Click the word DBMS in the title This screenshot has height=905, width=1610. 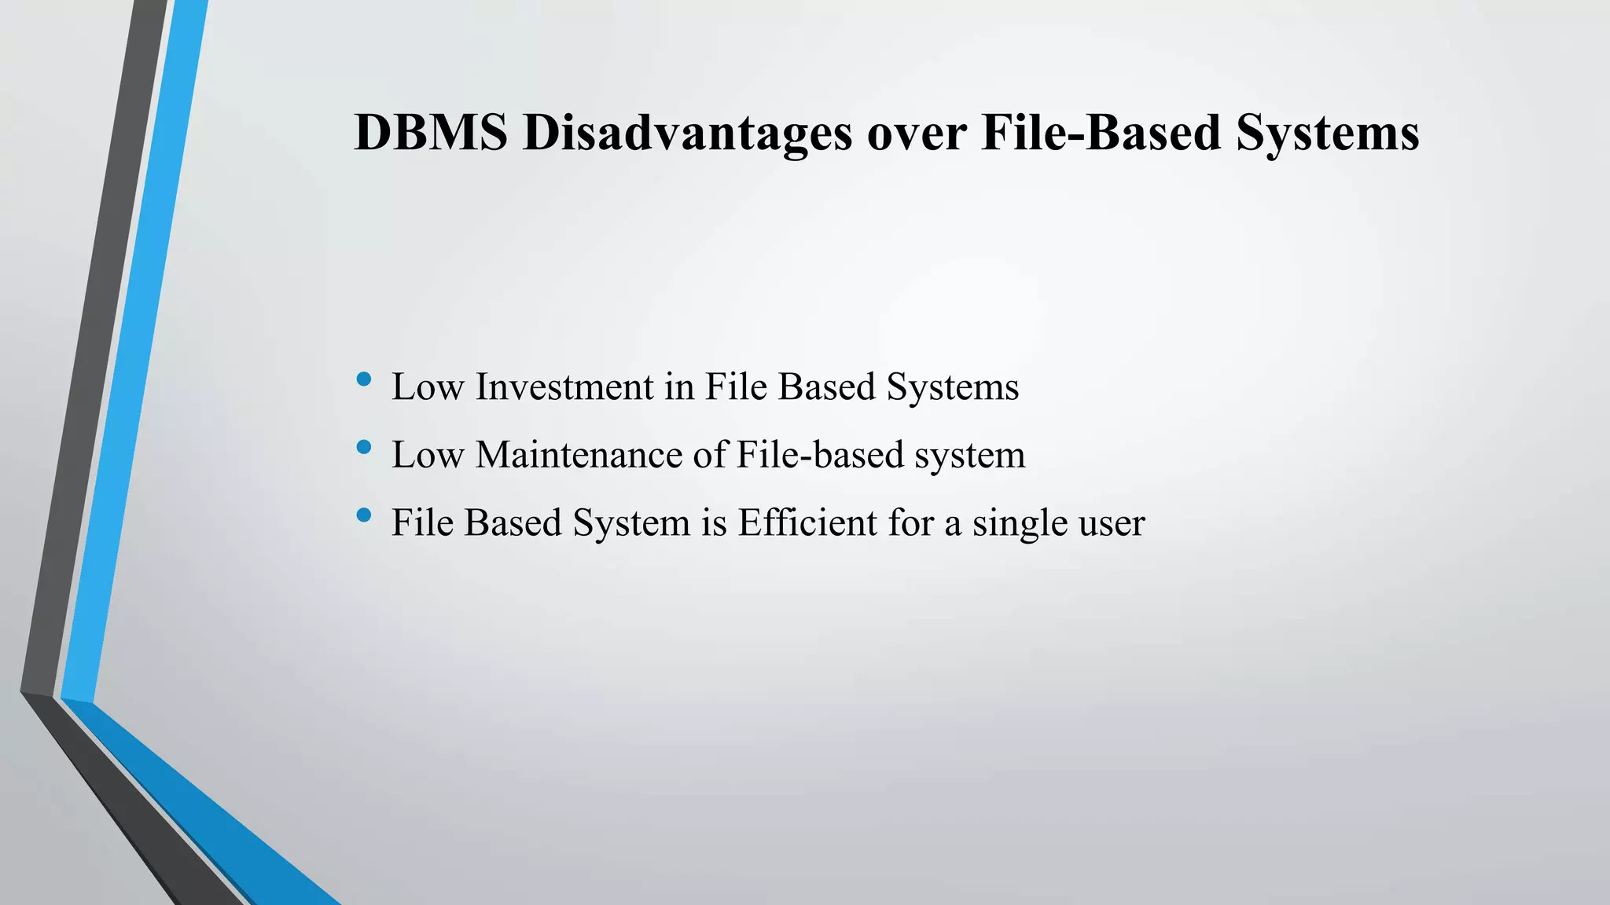[x=431, y=132]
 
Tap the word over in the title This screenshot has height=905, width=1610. [x=917, y=134]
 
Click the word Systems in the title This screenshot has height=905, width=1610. [x=1328, y=134]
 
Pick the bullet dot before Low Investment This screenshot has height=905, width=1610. [x=363, y=379]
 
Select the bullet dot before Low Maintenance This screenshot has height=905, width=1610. [x=363, y=448]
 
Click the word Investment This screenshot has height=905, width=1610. [x=564, y=387]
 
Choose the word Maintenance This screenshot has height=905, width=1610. [x=579, y=455]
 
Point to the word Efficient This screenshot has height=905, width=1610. [x=807, y=522]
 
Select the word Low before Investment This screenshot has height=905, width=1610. [x=428, y=387]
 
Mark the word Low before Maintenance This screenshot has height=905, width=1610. [x=428, y=455]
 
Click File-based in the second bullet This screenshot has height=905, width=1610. [x=820, y=455]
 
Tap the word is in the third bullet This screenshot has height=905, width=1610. [x=714, y=522]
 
